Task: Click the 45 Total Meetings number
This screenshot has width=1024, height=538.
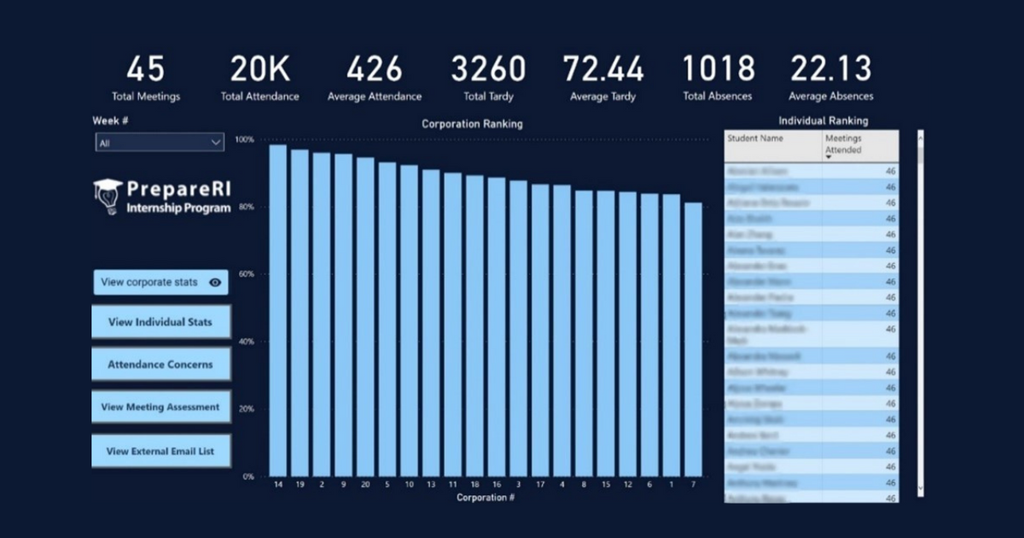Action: point(145,69)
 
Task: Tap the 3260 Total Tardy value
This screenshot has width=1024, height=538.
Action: point(488,69)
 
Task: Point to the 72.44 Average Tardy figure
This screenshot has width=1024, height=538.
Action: point(603,69)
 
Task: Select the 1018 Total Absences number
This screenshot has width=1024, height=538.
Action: point(718,69)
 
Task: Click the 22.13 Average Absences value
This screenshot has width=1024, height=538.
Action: point(830,69)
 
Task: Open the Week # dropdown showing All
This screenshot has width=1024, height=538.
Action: point(160,143)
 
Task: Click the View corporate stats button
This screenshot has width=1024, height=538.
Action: point(160,283)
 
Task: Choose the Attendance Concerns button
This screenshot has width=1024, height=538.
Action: point(160,365)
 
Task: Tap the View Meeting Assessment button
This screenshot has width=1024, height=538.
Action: point(160,407)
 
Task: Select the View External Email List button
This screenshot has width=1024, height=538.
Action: point(160,451)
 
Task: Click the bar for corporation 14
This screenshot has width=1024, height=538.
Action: point(278,312)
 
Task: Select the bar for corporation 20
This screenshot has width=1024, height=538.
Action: point(365,318)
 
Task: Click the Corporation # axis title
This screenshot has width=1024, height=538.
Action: point(486,498)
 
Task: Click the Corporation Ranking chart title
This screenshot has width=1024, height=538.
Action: point(472,124)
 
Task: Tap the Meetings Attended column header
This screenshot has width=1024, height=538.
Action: point(859,144)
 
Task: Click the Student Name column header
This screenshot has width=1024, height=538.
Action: point(773,139)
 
